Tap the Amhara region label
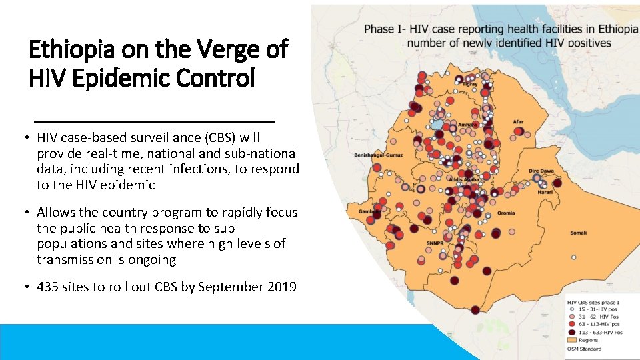click(x=467, y=125)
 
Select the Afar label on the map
click(x=518, y=122)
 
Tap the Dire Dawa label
click(x=541, y=171)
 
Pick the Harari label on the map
click(x=545, y=192)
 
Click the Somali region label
click(x=577, y=233)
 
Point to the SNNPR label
click(x=435, y=244)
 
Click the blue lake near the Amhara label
click(x=437, y=125)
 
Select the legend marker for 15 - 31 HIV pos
click(x=571, y=310)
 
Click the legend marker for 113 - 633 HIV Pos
click(x=571, y=332)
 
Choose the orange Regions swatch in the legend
click(x=571, y=340)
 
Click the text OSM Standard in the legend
click(x=583, y=349)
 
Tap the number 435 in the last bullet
click(x=48, y=287)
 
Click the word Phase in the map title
click(x=379, y=29)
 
